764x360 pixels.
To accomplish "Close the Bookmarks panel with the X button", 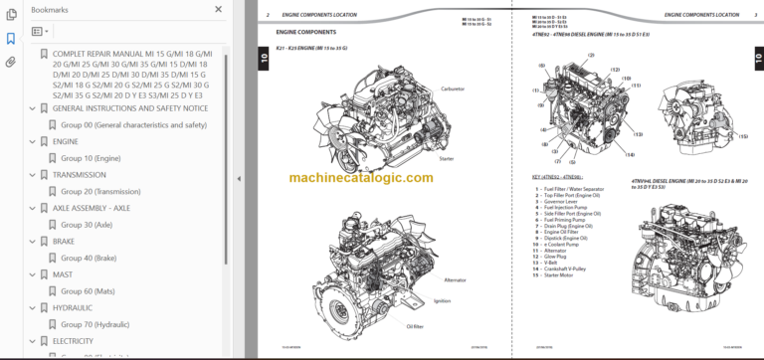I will [x=219, y=9].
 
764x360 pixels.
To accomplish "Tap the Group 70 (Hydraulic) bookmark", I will [x=95, y=324].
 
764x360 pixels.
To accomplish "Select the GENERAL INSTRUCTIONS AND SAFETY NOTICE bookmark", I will [x=129, y=107].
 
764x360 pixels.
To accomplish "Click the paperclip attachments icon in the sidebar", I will [x=11, y=62].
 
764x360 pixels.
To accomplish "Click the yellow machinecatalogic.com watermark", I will [x=361, y=178].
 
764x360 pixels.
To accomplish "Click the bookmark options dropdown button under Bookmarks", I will [x=40, y=32].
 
